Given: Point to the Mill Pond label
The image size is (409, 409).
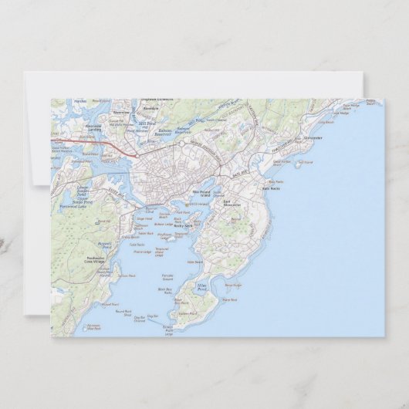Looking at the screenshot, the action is (x=147, y=123).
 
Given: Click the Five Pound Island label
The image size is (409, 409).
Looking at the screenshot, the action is (x=201, y=194).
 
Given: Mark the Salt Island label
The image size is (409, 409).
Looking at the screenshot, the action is (x=305, y=163).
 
